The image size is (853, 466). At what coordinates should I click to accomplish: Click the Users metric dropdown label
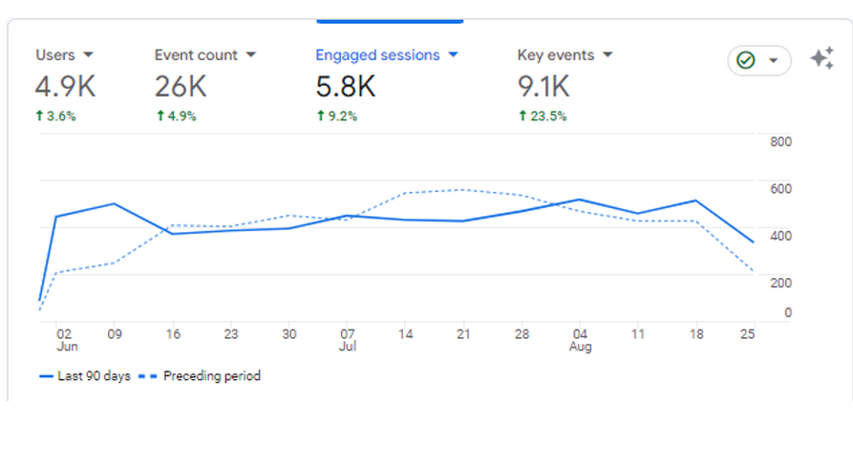pos(64,55)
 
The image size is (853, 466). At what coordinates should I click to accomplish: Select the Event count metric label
pos(204,55)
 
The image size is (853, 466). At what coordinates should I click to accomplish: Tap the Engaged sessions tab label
pos(386,55)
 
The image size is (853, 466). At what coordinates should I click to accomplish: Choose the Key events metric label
pos(564,55)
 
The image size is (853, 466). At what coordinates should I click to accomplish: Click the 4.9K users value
pos(65,87)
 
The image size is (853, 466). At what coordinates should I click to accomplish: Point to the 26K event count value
pos(181,87)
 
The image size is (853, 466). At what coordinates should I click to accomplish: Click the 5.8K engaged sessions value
pos(346,87)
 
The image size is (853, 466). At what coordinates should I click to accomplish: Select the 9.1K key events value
pos(544,87)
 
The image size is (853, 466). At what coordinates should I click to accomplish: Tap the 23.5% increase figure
pos(543,116)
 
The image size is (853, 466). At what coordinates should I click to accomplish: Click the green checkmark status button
pos(758,60)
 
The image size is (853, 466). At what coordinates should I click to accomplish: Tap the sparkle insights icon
pos(821,58)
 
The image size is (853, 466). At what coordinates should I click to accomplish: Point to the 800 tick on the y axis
pos(780,142)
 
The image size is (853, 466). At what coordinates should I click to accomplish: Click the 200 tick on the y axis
pos(780,283)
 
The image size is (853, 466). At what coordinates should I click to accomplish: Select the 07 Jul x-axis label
pos(348,340)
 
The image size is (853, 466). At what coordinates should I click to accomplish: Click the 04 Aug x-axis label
pos(580,340)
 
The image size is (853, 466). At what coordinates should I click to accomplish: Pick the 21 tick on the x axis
pos(464,334)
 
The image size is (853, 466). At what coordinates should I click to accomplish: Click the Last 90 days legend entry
pos(85,376)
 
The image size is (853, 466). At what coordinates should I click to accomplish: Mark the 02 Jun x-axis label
pos(64,340)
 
